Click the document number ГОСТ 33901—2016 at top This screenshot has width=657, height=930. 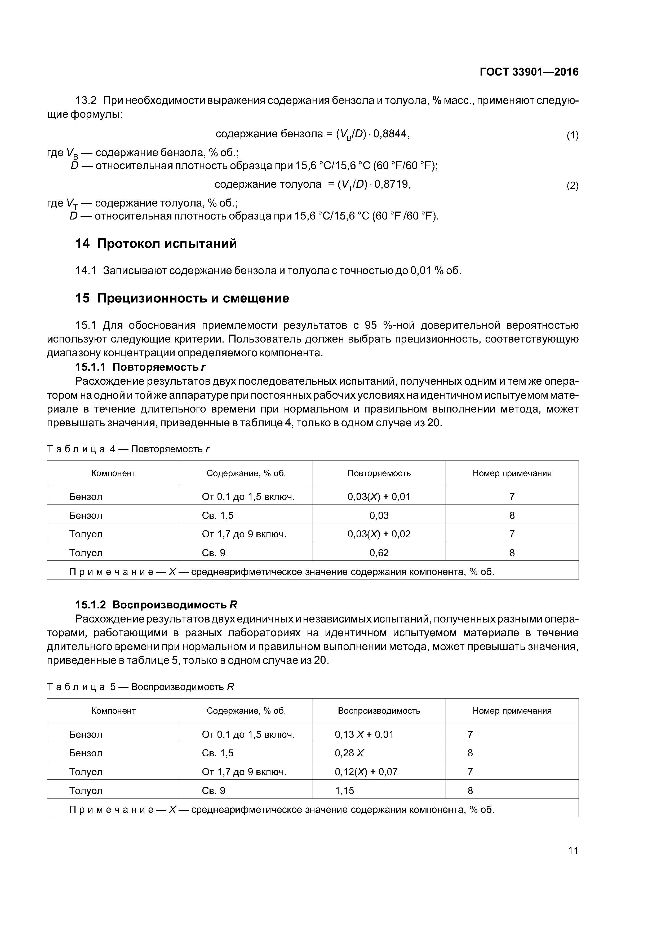529,72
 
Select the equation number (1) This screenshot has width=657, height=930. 572,136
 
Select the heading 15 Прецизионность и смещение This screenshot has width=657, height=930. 182,299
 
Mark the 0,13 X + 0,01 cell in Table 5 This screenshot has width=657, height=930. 364,734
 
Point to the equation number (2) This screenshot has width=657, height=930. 572,186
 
